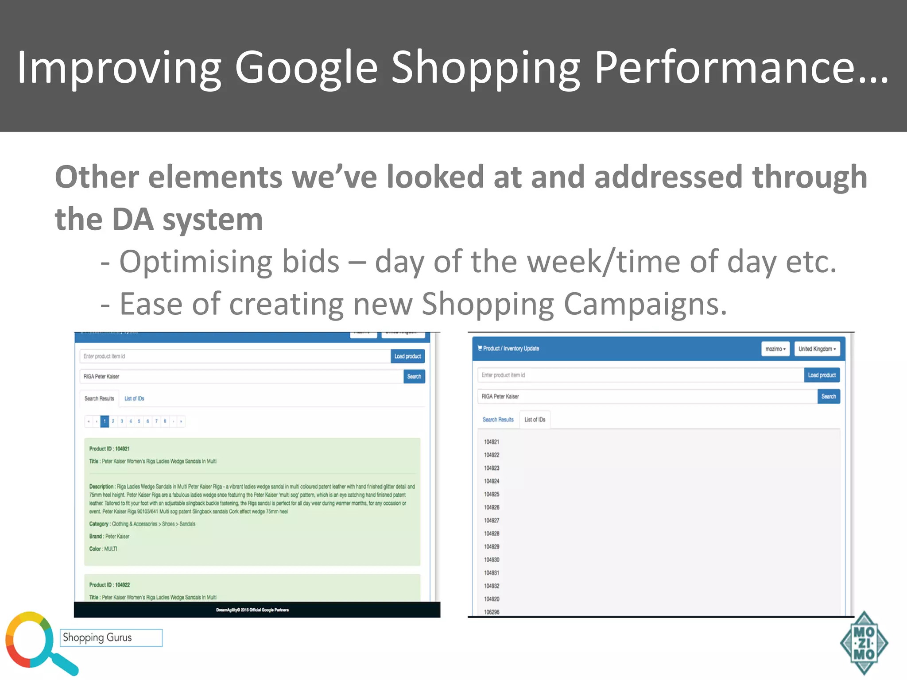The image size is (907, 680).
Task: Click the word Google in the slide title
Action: (306, 67)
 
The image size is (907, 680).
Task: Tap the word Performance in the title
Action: (740, 67)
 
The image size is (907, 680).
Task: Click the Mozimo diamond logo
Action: (864, 643)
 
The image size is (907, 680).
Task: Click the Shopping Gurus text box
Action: (111, 637)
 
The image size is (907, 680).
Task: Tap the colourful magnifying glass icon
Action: (35, 642)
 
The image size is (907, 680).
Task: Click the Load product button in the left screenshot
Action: (407, 356)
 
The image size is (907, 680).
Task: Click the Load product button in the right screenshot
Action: (822, 375)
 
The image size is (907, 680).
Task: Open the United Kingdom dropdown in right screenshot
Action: (817, 349)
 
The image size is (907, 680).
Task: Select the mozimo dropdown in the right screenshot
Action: (775, 349)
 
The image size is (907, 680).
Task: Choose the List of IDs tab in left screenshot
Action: (134, 398)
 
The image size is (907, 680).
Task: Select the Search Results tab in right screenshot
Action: (498, 420)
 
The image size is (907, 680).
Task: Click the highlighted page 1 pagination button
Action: (105, 421)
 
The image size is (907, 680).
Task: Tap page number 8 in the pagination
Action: (165, 421)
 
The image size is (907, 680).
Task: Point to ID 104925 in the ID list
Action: (492, 494)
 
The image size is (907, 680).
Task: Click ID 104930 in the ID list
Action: (492, 560)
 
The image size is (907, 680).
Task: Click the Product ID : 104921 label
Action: (109, 448)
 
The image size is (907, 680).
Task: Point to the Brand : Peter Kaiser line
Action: (109, 536)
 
